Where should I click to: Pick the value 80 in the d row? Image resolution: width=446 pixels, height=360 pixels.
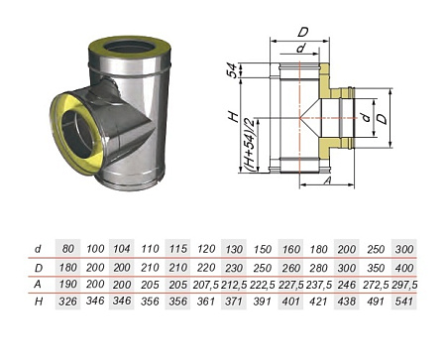click(68, 249)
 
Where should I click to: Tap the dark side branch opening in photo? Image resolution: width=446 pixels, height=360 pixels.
click(76, 134)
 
